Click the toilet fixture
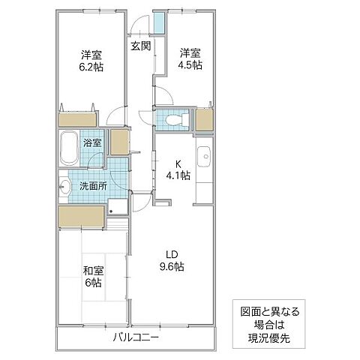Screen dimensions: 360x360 [x=174, y=118]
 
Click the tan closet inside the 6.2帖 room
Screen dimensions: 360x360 [x=77, y=118]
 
